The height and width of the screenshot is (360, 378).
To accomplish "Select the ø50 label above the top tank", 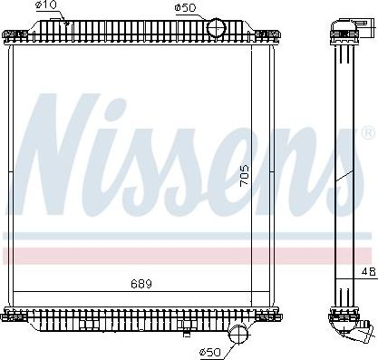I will pos(185,8).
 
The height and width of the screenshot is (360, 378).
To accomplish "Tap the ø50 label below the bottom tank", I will pos(209,352).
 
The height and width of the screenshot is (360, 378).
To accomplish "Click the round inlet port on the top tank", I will pos(216,27).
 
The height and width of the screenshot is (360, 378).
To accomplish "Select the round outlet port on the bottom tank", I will pos(238,334).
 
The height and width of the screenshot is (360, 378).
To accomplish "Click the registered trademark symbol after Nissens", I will pos(366,132).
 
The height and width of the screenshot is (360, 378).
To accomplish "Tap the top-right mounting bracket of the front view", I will pos(267,35).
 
